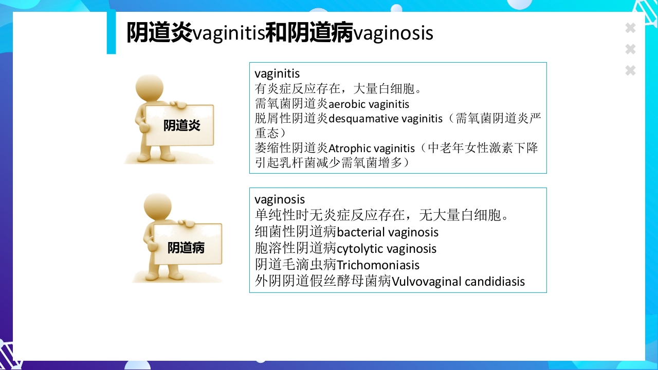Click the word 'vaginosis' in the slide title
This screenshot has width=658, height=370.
point(393,34)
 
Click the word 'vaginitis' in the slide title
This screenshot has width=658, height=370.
point(228,34)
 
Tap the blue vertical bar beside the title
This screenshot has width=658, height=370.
point(111,32)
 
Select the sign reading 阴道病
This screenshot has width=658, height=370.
point(186,248)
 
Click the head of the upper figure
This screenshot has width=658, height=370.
point(150,88)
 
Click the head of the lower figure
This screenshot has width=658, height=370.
point(157,208)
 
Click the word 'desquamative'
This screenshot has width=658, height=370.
point(363,119)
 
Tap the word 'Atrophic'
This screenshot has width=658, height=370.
point(350,149)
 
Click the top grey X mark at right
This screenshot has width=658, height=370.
point(630,28)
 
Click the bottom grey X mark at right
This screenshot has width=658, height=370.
point(630,70)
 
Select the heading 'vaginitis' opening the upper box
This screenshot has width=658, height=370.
point(277,74)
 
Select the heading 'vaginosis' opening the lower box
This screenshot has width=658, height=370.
point(280,199)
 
